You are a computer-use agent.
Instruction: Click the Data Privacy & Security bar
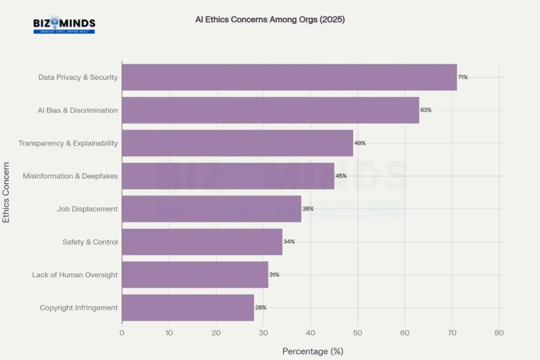coord(289,77)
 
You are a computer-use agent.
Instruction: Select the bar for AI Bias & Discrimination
coord(270,110)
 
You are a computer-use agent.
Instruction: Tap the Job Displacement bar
coord(211,209)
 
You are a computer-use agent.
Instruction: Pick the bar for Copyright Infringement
coord(188,308)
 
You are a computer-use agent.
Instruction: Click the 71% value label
coord(463,77)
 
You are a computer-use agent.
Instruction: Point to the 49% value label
coord(360,143)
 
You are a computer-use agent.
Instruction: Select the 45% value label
coord(341,176)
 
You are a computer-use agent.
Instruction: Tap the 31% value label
coord(274,275)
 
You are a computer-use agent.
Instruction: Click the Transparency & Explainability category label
coord(68,143)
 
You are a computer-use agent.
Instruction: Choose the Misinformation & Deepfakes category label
coord(70,176)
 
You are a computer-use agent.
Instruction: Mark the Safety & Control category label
coord(90,242)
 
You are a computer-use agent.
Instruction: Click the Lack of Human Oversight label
coord(75,275)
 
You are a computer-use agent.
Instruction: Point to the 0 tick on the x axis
coord(122,333)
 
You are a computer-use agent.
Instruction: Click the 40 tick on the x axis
coord(310,333)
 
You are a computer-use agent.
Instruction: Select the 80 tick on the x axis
coord(499,333)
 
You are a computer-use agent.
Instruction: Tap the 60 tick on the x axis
coord(405,333)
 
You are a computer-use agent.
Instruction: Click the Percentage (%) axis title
coord(313,351)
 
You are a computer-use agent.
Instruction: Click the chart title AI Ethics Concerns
coord(270,19)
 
